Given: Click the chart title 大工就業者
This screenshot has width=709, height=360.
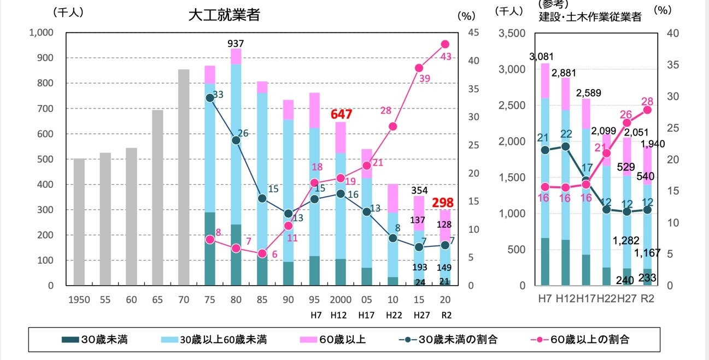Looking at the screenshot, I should tap(224, 15).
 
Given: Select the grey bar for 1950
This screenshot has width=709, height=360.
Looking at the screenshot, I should tap(79, 222).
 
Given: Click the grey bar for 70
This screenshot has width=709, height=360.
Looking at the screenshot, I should tap(184, 177).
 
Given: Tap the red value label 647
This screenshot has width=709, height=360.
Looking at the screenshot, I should tap(341, 115).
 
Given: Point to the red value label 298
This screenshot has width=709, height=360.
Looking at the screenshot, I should tap(443, 203).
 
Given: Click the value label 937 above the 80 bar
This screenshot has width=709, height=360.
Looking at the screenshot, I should tap(236, 43).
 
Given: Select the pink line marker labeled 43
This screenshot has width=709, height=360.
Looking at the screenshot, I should tap(444, 44).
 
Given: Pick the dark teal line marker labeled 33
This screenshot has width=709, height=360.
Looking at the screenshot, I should tap(209, 98).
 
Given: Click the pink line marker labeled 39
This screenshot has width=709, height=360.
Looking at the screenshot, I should tap(419, 68).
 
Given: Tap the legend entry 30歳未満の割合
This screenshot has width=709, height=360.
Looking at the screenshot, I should tap(450, 340).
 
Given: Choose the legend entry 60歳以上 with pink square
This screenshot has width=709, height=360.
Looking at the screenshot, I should tap(333, 340).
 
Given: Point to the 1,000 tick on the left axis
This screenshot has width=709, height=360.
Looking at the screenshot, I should tap(42, 33).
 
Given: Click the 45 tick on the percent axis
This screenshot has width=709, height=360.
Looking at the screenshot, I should tap(473, 33).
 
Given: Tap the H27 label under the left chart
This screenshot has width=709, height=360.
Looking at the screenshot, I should tap(418, 315).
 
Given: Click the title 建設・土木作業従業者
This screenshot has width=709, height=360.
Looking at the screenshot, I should tap(590, 17).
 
